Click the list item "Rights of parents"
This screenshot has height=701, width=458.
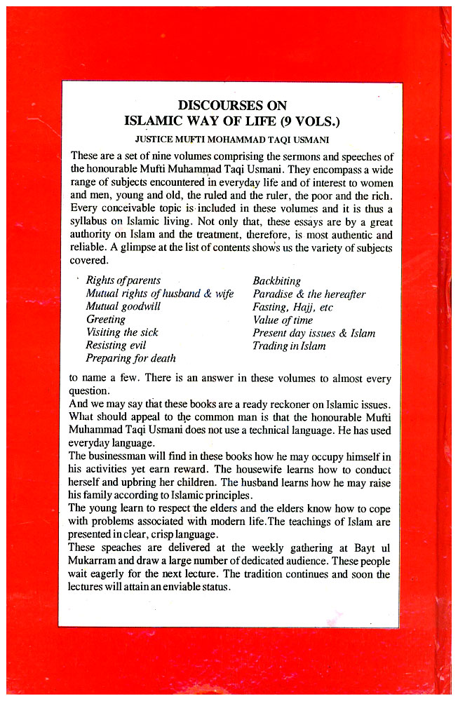pyautogui.click(x=123, y=280)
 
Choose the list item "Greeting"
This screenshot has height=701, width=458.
pyautogui.click(x=105, y=320)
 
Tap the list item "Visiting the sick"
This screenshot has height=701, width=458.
pyautogui.click(x=122, y=332)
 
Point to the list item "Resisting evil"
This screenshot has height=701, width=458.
pyautogui.click(x=116, y=345)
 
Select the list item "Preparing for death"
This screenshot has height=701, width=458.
pyautogui.click(x=130, y=358)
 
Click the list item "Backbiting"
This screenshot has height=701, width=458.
pyautogui.click(x=277, y=280)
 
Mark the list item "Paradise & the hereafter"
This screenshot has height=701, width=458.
pyautogui.click(x=309, y=294)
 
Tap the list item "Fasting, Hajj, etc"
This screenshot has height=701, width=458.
pyautogui.click(x=292, y=306)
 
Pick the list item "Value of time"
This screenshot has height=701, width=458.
pyautogui.click(x=283, y=320)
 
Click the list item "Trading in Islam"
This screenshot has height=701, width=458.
pyautogui.click(x=289, y=346)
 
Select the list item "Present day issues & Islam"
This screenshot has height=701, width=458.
pyautogui.click(x=314, y=332)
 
